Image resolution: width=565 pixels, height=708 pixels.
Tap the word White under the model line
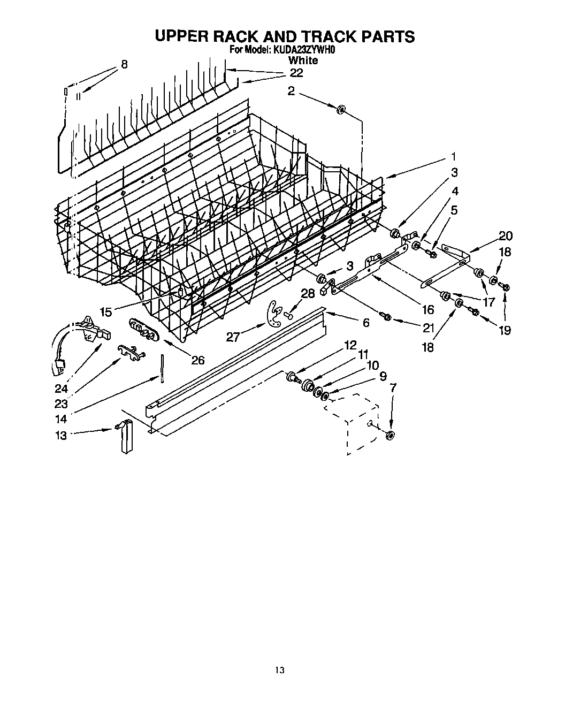click(x=303, y=60)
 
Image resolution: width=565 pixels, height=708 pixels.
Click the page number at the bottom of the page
click(x=279, y=669)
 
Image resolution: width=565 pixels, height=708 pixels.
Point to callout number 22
click(x=296, y=73)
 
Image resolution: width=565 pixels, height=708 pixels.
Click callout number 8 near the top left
click(x=124, y=65)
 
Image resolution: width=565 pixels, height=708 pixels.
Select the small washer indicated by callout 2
click(x=340, y=110)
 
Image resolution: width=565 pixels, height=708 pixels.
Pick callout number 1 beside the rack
click(x=453, y=157)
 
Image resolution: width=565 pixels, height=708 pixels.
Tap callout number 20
click(x=505, y=236)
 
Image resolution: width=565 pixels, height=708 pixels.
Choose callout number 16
click(x=428, y=309)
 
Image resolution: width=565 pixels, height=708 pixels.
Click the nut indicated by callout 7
click(x=390, y=435)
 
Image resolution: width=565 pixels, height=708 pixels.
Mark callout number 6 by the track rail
click(x=366, y=322)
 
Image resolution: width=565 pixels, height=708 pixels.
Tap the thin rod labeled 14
click(x=161, y=369)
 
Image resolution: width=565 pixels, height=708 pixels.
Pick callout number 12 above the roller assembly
click(x=350, y=345)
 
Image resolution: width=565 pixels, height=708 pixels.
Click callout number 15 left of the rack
click(x=106, y=312)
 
